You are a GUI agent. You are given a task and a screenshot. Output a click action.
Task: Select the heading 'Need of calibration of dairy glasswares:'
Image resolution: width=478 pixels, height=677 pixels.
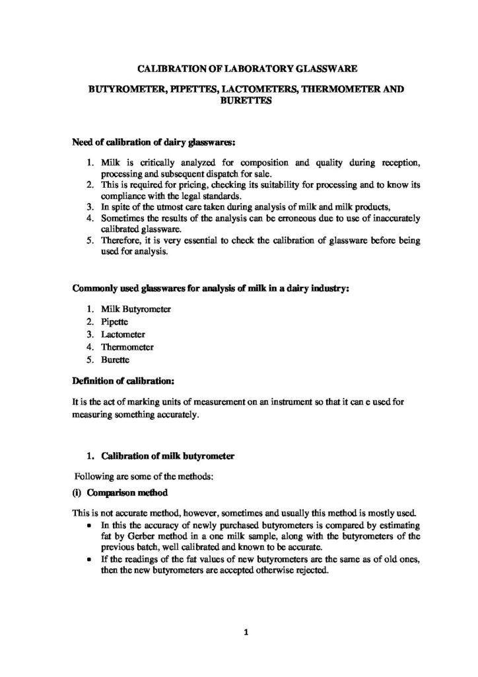coord(153,141)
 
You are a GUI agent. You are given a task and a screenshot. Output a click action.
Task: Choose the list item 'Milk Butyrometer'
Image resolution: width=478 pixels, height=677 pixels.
coord(136,309)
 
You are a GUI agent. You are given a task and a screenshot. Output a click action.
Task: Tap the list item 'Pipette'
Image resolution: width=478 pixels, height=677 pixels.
coord(115,322)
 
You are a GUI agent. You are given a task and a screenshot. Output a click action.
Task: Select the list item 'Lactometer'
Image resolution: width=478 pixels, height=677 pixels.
coord(123,335)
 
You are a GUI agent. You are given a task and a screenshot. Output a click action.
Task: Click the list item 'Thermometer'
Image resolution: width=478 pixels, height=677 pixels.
coord(127,347)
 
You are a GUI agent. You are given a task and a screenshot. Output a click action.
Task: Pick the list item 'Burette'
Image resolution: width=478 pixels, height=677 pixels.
coord(116,360)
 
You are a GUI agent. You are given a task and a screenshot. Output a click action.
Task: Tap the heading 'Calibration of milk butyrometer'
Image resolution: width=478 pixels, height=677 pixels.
coord(164,456)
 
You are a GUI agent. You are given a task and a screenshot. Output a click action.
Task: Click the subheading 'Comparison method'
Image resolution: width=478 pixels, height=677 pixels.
coord(125,494)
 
